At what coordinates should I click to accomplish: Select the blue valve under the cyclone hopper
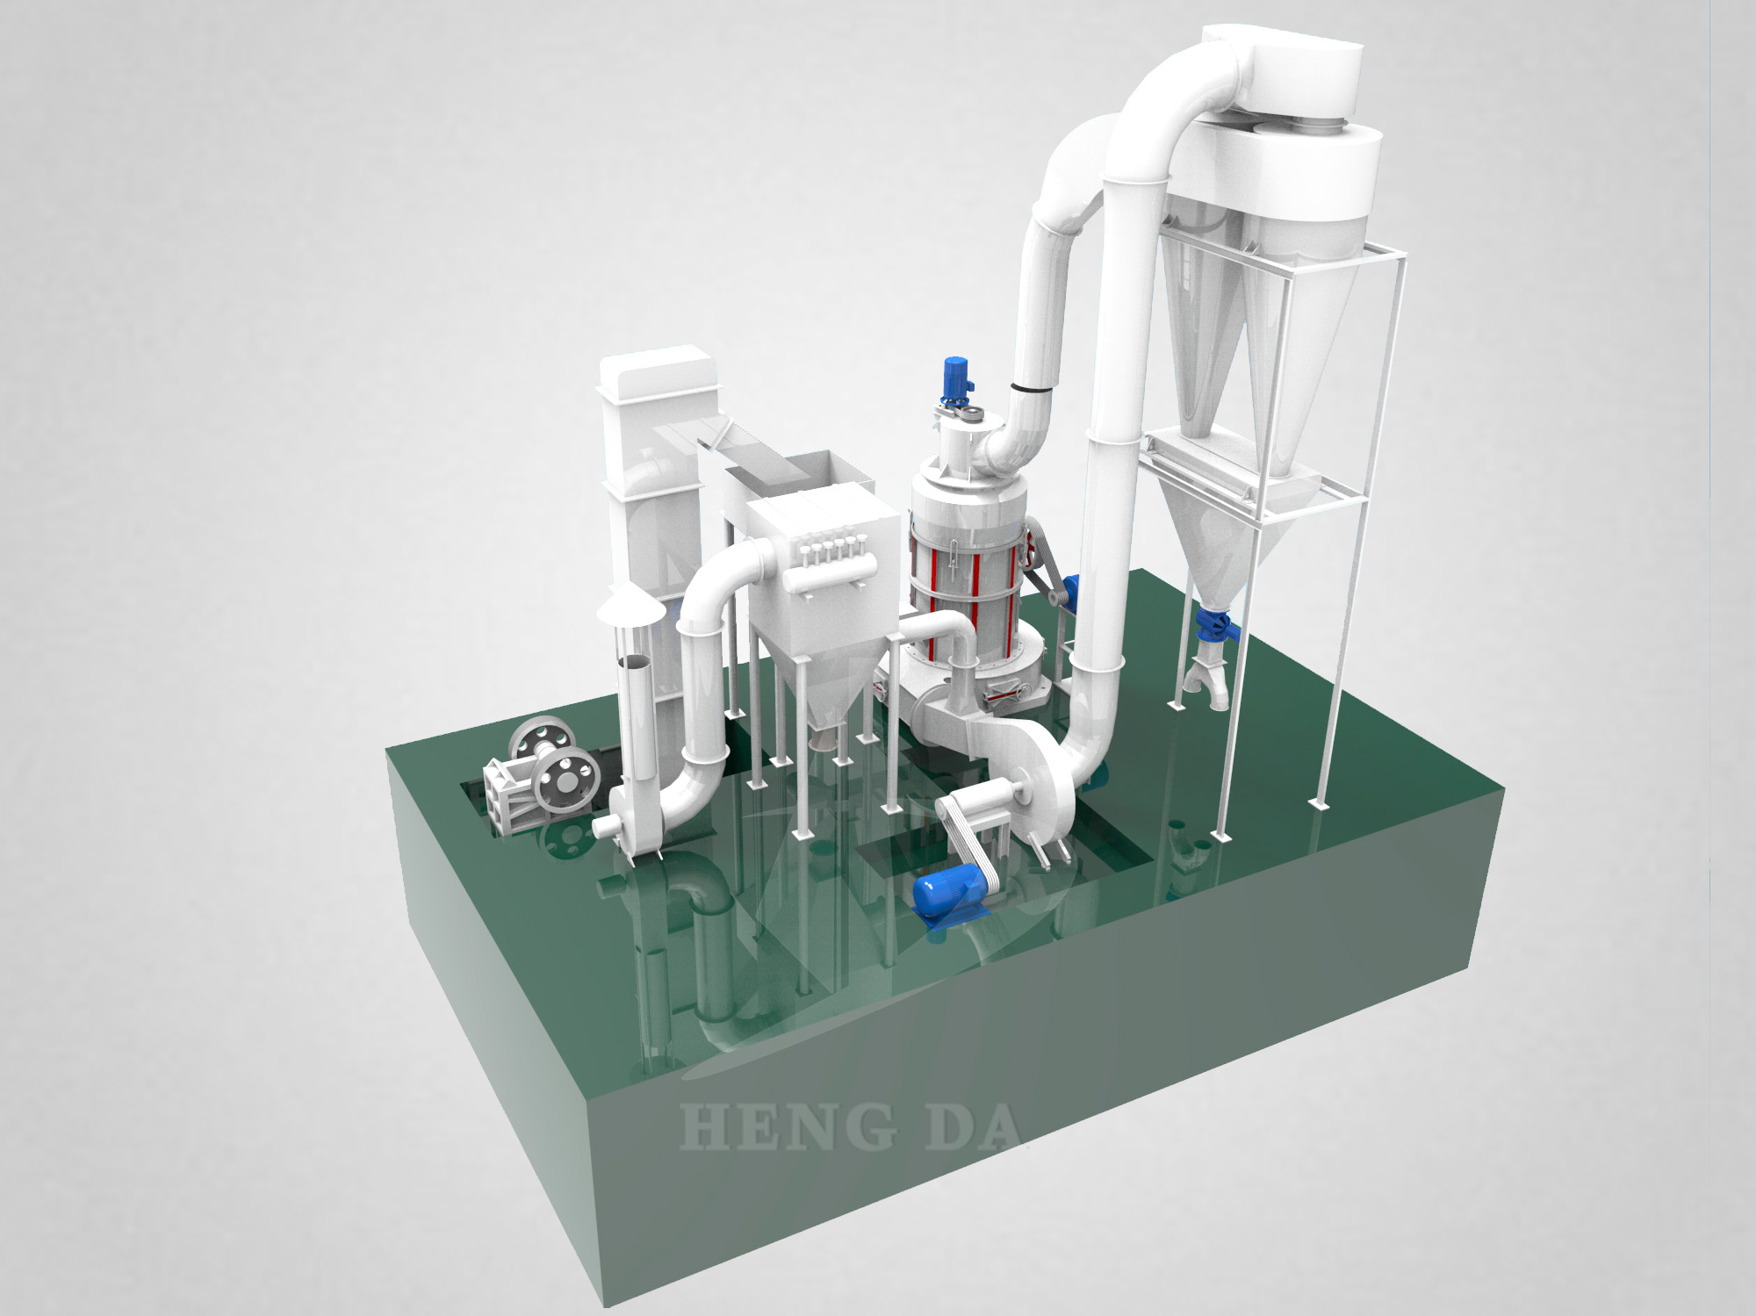[1214, 622]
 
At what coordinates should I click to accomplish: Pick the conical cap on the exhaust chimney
[630, 606]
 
